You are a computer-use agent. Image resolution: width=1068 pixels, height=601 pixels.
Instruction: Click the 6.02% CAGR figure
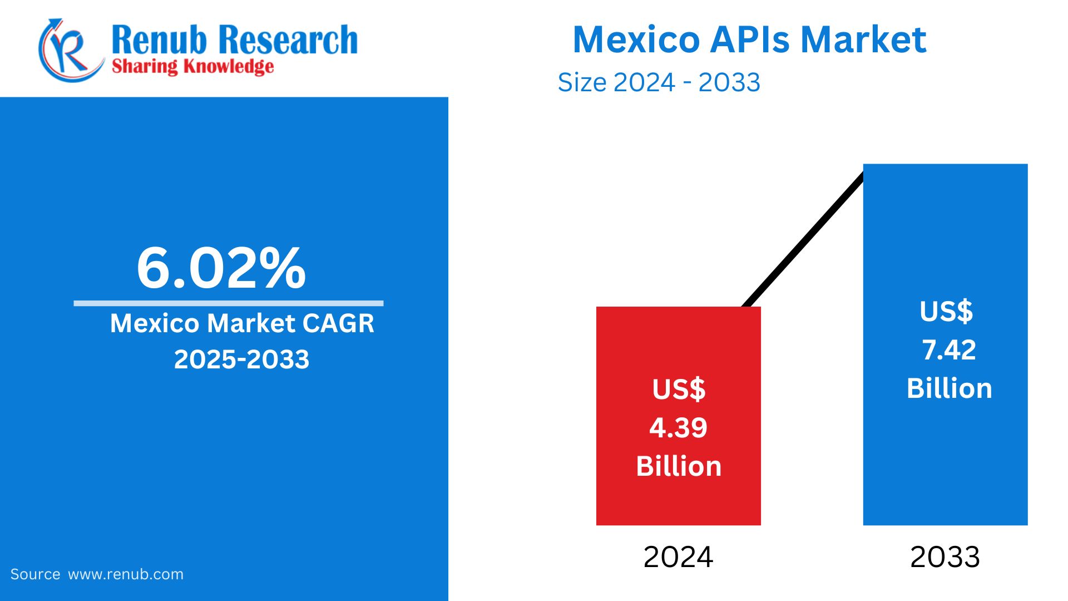(221, 269)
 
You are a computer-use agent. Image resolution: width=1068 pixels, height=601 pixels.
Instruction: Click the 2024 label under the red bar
(678, 557)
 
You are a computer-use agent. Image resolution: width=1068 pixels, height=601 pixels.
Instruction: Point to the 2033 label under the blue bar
(945, 557)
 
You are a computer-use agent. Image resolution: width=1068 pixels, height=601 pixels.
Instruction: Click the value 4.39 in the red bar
(678, 428)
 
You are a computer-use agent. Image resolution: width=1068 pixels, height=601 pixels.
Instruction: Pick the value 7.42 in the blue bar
(949, 350)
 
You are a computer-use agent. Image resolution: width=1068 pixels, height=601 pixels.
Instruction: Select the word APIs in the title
(750, 40)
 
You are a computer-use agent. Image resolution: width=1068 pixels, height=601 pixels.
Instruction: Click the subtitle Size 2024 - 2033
(659, 82)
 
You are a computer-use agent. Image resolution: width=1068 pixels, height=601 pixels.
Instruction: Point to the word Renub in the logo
(159, 40)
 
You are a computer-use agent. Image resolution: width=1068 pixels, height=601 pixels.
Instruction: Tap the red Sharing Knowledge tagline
(192, 66)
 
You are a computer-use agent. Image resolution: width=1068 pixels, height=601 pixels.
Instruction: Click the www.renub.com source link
(126, 574)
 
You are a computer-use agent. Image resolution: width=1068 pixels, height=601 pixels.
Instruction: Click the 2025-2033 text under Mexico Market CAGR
(241, 359)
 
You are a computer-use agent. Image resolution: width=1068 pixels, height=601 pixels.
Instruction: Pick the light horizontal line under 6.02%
(228, 303)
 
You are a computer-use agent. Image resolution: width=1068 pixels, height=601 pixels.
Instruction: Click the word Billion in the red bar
(679, 466)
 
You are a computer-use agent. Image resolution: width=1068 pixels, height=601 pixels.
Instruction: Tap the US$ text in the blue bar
(946, 311)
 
